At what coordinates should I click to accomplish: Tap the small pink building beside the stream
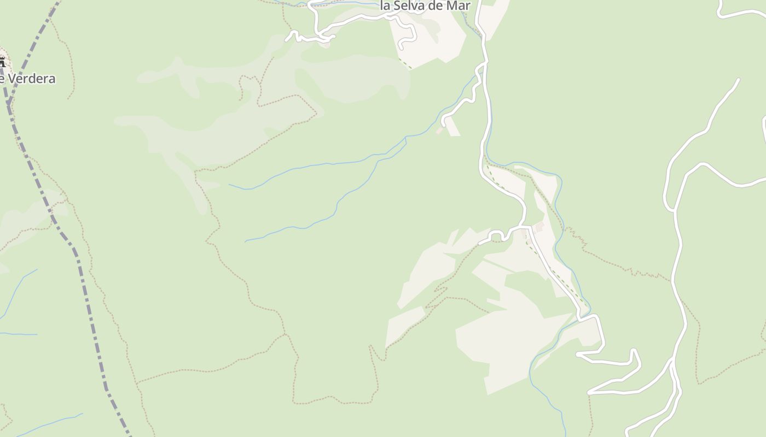(x=439, y=131)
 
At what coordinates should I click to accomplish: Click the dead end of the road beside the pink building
(x=443, y=125)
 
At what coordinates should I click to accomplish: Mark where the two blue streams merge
(x=405, y=140)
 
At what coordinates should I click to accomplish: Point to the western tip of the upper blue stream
(x=229, y=185)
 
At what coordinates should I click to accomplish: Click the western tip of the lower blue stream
(x=245, y=241)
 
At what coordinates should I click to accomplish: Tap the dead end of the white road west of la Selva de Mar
(x=287, y=39)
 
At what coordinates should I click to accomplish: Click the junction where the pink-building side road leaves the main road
(x=484, y=64)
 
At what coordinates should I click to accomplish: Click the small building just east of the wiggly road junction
(x=539, y=227)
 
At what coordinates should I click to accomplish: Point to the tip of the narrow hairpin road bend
(x=634, y=350)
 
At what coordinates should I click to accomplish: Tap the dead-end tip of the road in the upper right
(x=738, y=80)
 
